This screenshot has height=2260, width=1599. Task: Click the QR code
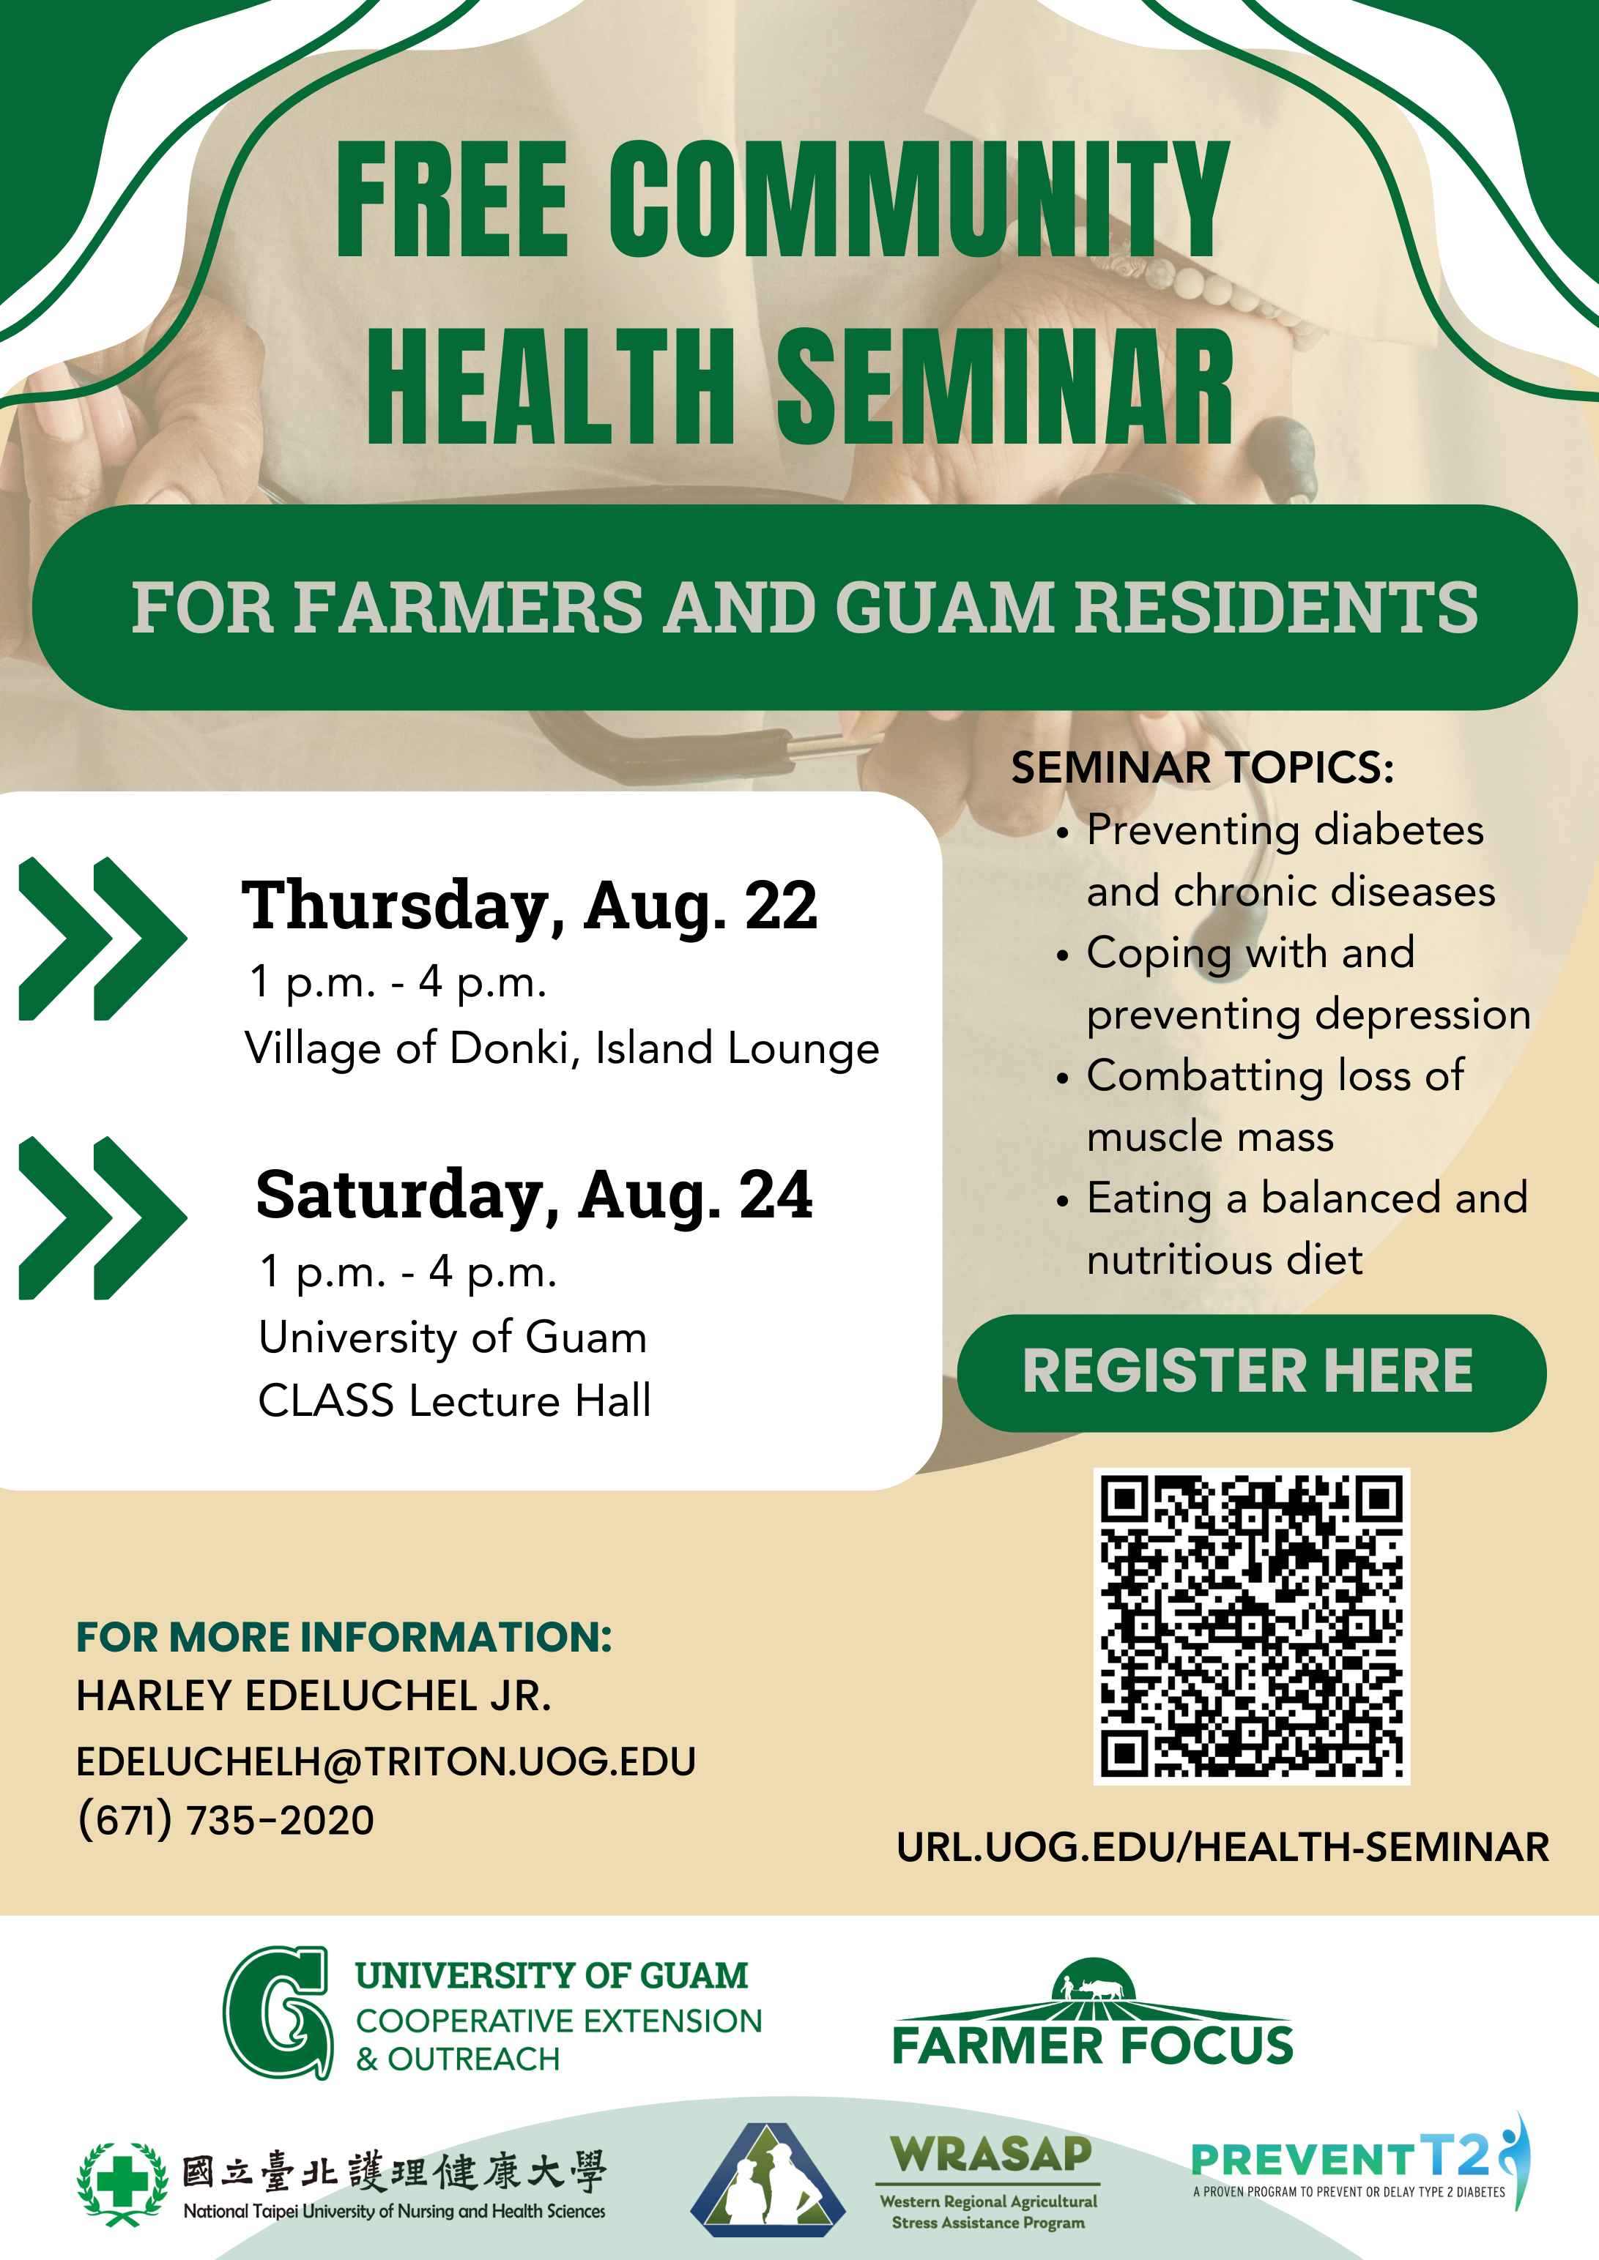[x=1251, y=1626]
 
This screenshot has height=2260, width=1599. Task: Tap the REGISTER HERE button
[x=1251, y=1372]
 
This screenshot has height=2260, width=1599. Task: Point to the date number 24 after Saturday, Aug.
[x=776, y=1195]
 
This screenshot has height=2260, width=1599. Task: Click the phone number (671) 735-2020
[x=226, y=1820]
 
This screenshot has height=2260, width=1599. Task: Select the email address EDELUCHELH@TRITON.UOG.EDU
[x=386, y=1761]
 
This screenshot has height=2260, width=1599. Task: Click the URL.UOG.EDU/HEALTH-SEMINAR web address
[x=1223, y=1846]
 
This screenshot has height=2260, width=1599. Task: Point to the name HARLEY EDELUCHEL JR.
[x=314, y=1696]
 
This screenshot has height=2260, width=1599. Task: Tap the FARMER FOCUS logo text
[x=1093, y=2045]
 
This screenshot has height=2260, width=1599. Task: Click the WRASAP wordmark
[x=990, y=2155]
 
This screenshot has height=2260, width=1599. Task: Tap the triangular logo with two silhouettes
[x=768, y=2179]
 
